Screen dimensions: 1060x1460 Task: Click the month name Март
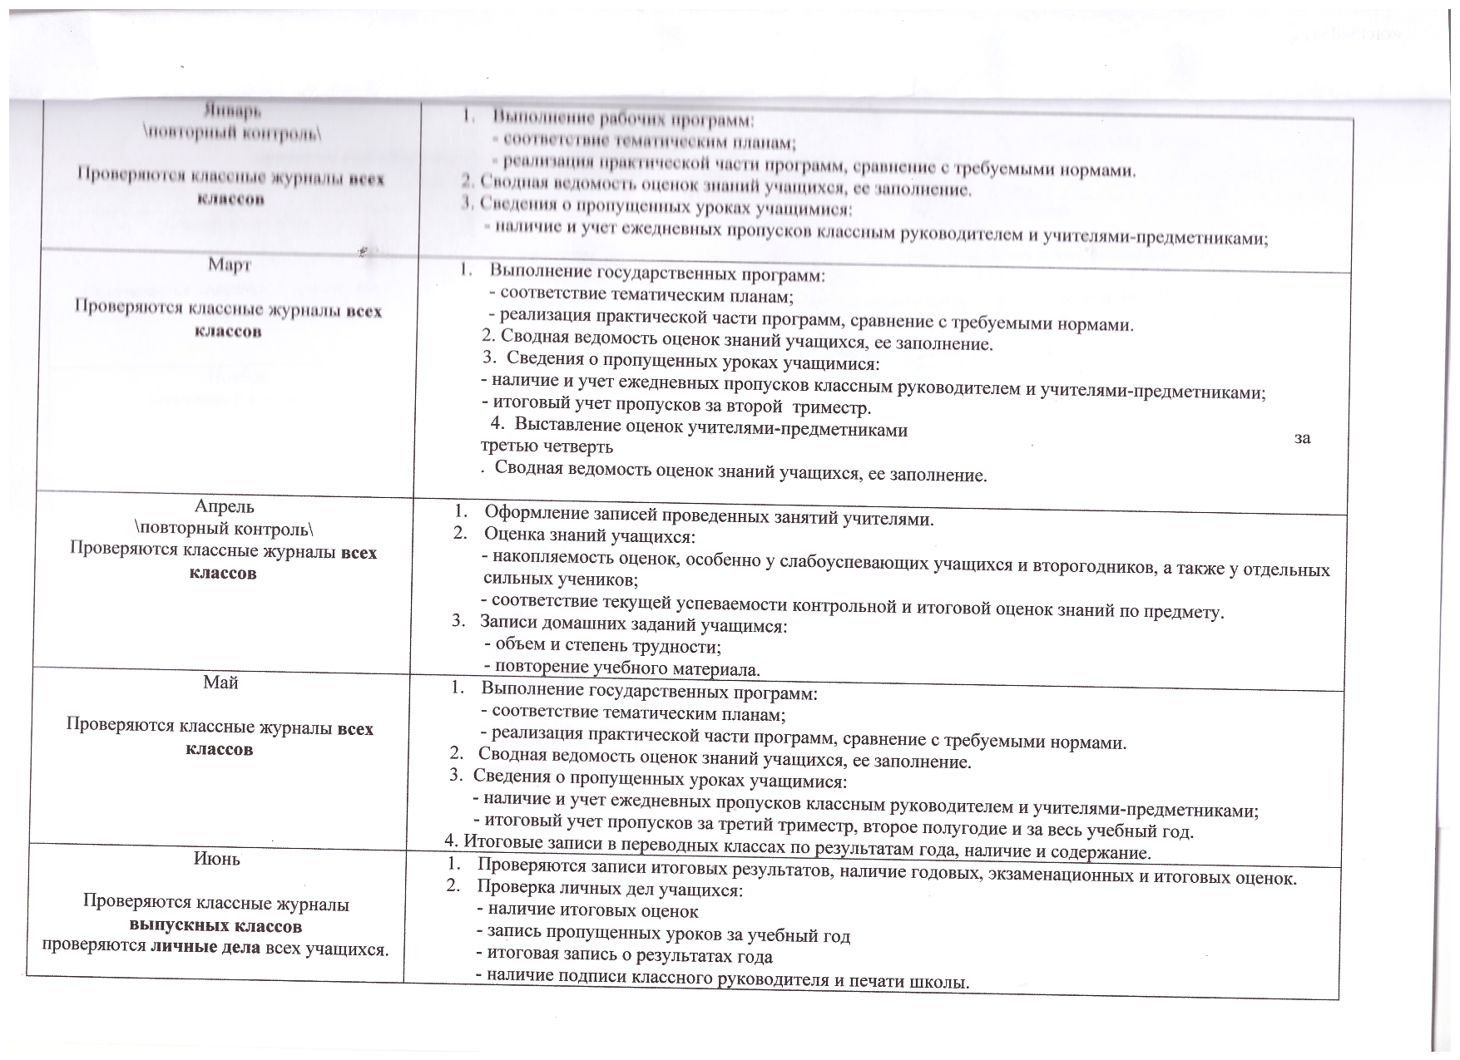[230, 265]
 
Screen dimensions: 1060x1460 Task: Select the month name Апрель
[225, 506]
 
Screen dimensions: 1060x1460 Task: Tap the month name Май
[220, 683]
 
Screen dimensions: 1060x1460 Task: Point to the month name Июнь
[217, 859]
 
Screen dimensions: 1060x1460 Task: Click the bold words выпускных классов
[215, 925]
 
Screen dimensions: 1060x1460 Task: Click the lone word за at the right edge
[1302, 438]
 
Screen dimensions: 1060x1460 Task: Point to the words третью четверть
[547, 446]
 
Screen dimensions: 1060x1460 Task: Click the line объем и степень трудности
[607, 646]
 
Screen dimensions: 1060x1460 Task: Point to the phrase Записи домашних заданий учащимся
[633, 624]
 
